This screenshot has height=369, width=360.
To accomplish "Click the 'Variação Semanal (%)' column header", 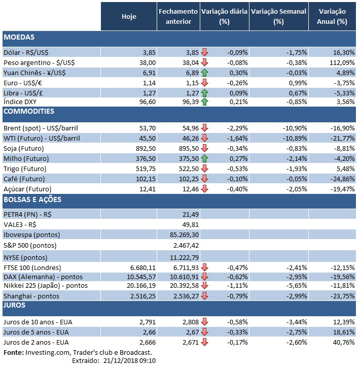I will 278,16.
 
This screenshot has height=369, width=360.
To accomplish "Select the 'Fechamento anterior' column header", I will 178,16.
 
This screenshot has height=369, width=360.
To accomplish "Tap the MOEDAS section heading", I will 19,38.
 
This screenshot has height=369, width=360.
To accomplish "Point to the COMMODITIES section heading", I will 29,111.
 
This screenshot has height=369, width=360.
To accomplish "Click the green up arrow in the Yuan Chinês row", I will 205,73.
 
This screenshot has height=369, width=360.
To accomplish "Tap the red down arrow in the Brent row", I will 205,128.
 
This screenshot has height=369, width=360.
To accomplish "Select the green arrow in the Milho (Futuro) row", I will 205,158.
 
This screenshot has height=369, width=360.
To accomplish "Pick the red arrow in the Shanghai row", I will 205,296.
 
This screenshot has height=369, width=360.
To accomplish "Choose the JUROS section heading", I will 15,306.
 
